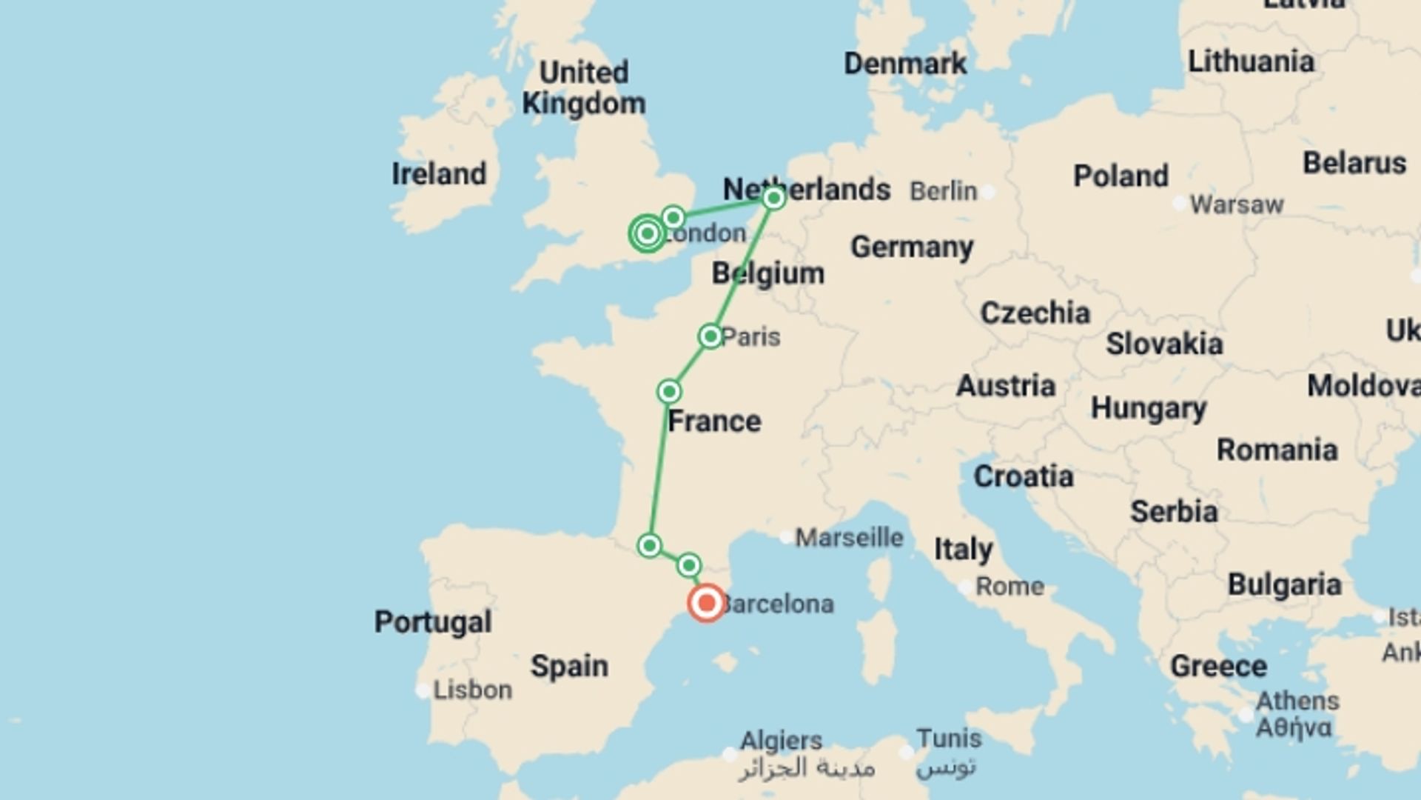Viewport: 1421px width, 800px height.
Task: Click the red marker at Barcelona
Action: pyautogui.click(x=706, y=603)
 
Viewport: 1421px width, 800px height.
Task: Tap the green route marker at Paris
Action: pyautogui.click(x=710, y=336)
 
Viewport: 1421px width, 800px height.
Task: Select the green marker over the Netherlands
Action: pyautogui.click(x=773, y=199)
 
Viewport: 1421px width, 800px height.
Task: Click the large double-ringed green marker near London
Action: pyautogui.click(x=648, y=234)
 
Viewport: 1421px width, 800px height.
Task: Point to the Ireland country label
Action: pyautogui.click(x=439, y=174)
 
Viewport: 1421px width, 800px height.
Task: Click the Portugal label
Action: pyautogui.click(x=432, y=621)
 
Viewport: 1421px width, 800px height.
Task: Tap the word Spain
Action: pyautogui.click(x=569, y=666)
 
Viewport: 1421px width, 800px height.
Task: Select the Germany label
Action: pyautogui.click(x=912, y=247)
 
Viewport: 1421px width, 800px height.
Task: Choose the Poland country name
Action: pyautogui.click(x=1121, y=176)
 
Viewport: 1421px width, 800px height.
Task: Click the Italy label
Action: pyautogui.click(x=963, y=549)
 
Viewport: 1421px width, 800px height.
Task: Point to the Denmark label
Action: pyautogui.click(x=905, y=64)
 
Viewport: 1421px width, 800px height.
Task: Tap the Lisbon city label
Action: pyautogui.click(x=472, y=690)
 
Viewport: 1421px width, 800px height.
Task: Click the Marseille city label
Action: pyautogui.click(x=849, y=537)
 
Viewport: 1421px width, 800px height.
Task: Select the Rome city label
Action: pyautogui.click(x=1010, y=586)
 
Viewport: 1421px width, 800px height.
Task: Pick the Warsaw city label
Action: pyautogui.click(x=1236, y=204)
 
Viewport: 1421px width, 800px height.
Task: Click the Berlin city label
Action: pyautogui.click(x=943, y=191)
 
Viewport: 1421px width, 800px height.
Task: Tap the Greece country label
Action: pyautogui.click(x=1218, y=666)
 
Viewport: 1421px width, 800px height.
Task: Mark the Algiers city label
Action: pyautogui.click(x=781, y=740)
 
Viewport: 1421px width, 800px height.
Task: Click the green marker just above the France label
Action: pyautogui.click(x=669, y=391)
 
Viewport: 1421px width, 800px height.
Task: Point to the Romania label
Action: pyautogui.click(x=1277, y=450)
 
